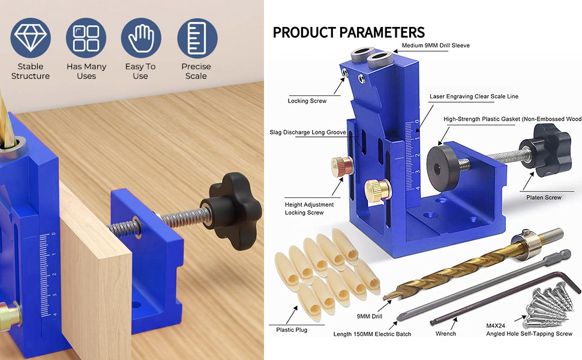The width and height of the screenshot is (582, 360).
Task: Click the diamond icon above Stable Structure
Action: [x=31, y=38]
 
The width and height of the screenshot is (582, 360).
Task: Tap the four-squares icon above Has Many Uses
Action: [x=86, y=38]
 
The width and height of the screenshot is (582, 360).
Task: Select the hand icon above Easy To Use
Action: [x=141, y=38]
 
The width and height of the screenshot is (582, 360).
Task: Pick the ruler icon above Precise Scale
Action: [x=197, y=38]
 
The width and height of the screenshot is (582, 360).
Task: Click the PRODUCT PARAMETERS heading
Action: [x=349, y=32]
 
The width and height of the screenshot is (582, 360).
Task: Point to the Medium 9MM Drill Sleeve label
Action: [x=436, y=45]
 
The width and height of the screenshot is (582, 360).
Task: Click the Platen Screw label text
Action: [x=544, y=197]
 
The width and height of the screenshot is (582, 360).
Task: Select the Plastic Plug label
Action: [x=292, y=329]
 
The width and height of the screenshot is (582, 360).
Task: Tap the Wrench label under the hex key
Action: [x=446, y=334]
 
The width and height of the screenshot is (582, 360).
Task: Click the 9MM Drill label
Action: [x=370, y=316]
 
